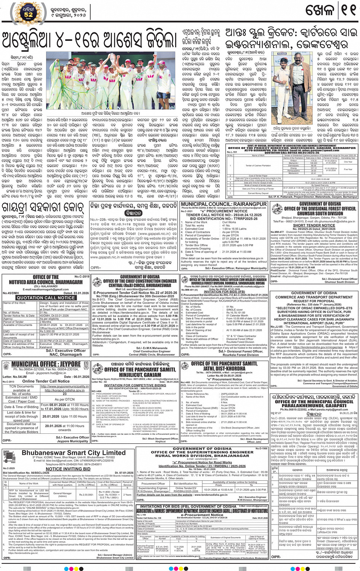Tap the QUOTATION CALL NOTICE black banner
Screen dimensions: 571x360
tap(46, 298)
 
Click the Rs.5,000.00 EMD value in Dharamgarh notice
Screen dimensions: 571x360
tap(48, 331)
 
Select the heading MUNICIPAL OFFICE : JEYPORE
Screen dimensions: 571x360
tap(46, 364)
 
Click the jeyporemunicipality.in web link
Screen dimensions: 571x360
tap(64, 387)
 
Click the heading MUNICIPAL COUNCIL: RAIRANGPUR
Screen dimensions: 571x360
tap(224, 204)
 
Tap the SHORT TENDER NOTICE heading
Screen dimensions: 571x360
tap(314, 225)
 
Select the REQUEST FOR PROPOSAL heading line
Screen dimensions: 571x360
tap(314, 301)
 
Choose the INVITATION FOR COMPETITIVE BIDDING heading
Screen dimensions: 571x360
tap(135, 385)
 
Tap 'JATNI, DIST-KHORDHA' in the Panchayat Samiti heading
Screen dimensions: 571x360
tap(224, 369)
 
